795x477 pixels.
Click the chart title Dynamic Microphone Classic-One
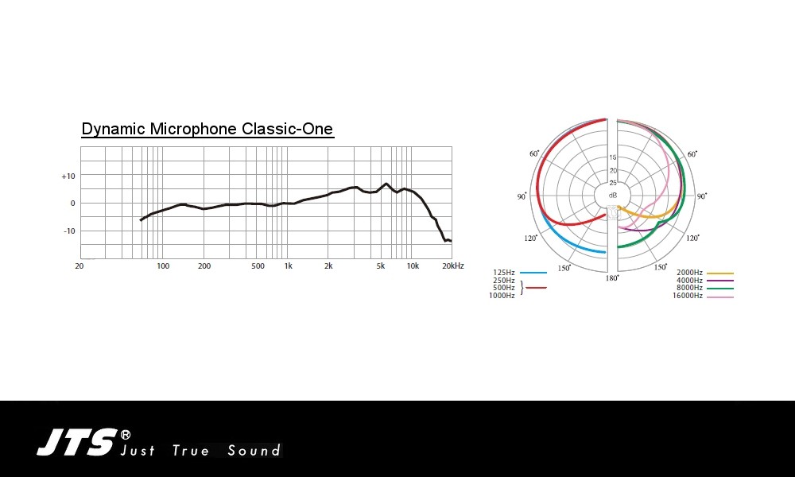pyautogui.click(x=207, y=129)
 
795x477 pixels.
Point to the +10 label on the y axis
pyautogui.click(x=68, y=176)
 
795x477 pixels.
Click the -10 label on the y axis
pyautogui.click(x=69, y=231)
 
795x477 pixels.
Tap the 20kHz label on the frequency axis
pyautogui.click(x=453, y=266)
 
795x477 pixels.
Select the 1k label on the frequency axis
pyautogui.click(x=288, y=266)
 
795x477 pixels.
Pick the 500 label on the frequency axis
pyautogui.click(x=258, y=266)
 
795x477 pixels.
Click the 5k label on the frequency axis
pyautogui.click(x=380, y=266)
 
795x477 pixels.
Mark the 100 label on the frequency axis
pyautogui.click(x=163, y=266)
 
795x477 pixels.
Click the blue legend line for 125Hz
pyautogui.click(x=533, y=273)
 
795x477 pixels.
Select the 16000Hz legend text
pyautogui.click(x=688, y=296)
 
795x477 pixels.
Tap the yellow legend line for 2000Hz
pyautogui.click(x=720, y=273)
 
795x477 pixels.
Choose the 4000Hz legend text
pyautogui.click(x=689, y=281)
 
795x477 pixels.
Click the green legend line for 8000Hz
pyautogui.click(x=720, y=289)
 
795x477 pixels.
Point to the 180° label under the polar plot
pyautogui.click(x=612, y=277)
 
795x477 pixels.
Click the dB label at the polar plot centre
pyautogui.click(x=613, y=195)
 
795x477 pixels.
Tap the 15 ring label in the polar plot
pyautogui.click(x=613, y=157)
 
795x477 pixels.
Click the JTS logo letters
pyautogui.click(x=77, y=442)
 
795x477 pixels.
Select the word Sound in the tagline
pyautogui.click(x=254, y=450)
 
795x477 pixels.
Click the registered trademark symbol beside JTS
pyautogui.click(x=125, y=435)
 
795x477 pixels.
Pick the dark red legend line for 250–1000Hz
pyautogui.click(x=537, y=288)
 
